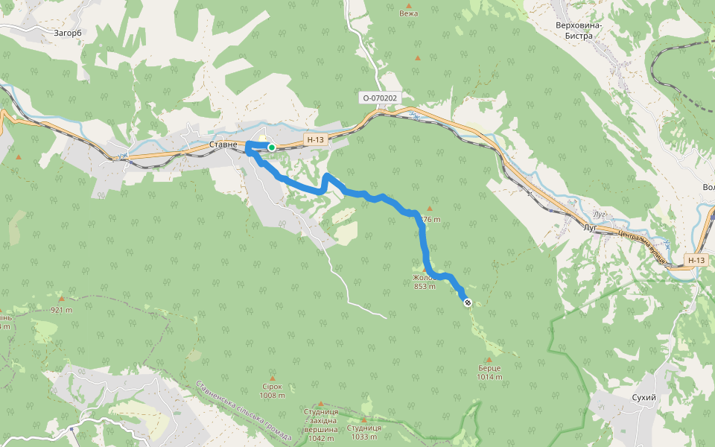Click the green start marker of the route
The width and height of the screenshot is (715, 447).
272,148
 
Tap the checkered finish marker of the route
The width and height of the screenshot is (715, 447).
467,302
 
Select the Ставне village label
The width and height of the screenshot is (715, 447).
223,144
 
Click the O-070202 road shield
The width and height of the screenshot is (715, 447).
381,98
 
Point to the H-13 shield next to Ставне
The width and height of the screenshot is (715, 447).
315,139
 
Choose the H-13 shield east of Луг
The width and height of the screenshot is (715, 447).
696,260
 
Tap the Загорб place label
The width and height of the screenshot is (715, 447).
68,33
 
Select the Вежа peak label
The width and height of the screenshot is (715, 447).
408,13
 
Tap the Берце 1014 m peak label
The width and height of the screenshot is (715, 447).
489,372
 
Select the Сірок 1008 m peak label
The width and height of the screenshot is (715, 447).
272,390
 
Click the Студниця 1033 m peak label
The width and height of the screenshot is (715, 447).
365,432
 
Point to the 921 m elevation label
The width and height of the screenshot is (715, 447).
62,310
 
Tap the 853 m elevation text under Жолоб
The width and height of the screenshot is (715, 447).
425,286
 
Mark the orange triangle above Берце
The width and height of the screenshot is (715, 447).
489,359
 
